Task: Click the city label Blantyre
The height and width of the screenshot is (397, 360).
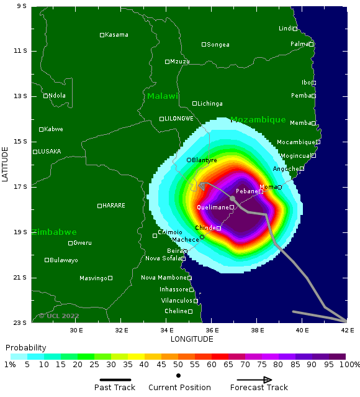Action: click(205, 160)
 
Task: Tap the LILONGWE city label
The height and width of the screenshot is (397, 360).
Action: click(179, 119)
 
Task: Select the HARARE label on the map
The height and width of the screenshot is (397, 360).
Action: click(114, 206)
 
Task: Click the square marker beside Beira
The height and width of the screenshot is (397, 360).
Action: click(185, 252)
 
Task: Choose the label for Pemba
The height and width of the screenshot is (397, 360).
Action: click(300, 96)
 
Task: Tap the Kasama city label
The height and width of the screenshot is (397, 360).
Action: click(117, 35)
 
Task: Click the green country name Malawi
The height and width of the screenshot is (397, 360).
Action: click(163, 96)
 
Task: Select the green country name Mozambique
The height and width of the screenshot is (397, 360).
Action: click(258, 120)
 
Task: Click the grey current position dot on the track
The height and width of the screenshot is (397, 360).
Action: click(232, 199)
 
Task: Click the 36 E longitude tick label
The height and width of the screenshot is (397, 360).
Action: click(212, 330)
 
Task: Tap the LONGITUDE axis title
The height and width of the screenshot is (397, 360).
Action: click(192, 339)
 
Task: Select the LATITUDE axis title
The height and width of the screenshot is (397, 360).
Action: click(5, 164)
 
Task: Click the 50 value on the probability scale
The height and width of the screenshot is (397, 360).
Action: click(178, 365)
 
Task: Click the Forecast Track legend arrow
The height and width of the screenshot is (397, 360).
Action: click(254, 380)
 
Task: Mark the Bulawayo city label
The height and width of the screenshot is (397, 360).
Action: click(64, 260)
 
